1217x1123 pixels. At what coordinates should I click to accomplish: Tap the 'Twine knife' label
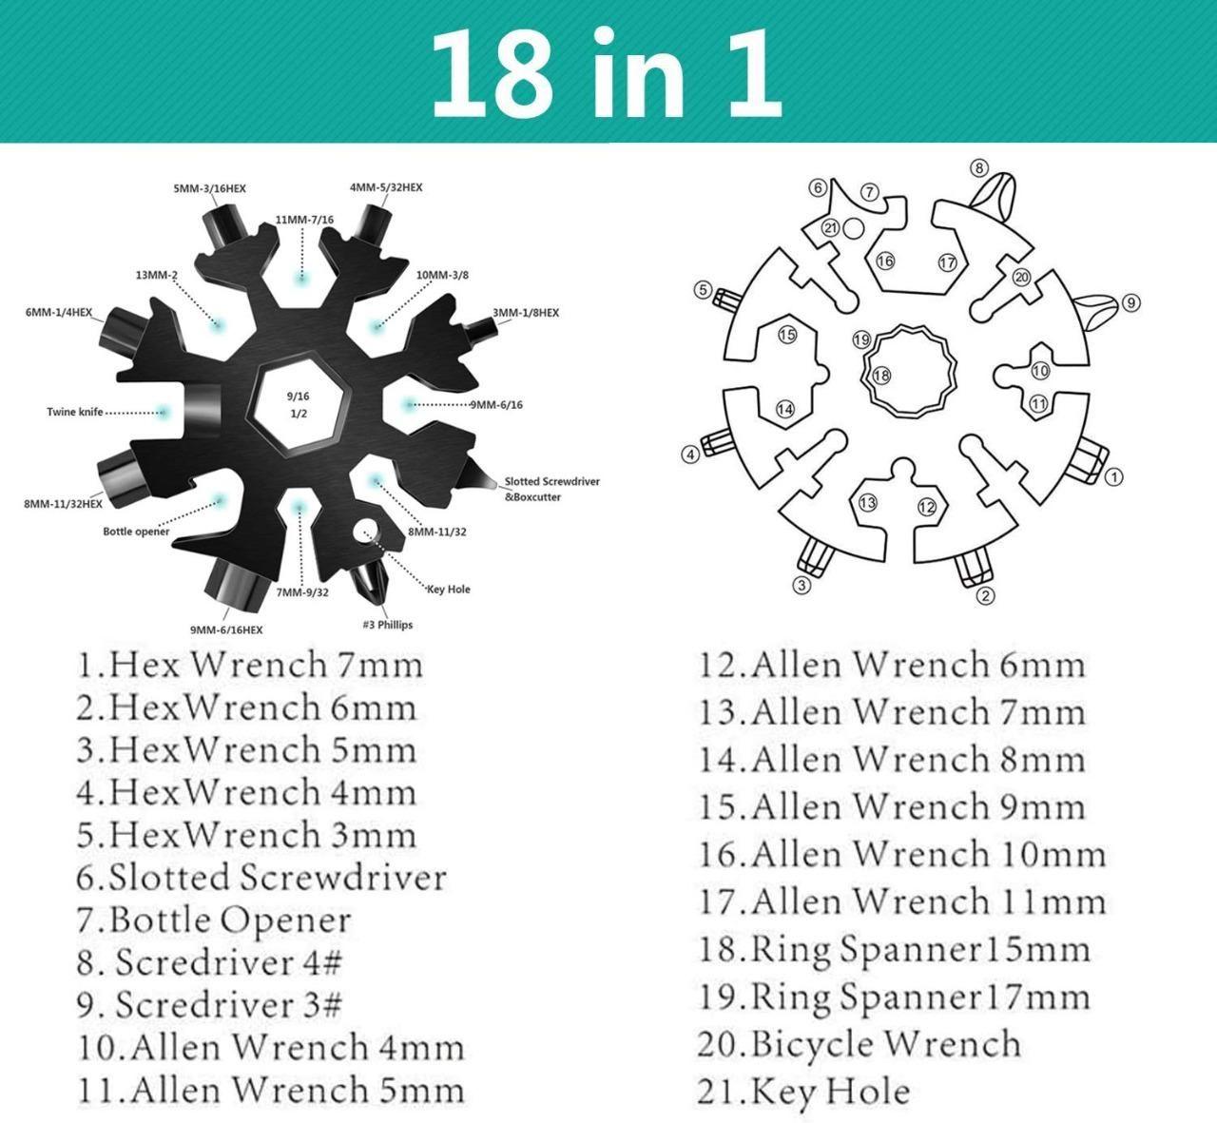pos(75,412)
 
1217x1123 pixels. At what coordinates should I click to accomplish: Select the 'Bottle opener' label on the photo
pos(136,531)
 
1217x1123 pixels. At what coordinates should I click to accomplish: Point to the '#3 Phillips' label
pos(388,625)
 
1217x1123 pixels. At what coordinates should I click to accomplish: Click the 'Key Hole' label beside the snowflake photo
pos(449,590)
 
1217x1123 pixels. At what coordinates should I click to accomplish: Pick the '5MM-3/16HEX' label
pos(209,188)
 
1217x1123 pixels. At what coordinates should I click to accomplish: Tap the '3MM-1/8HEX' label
pos(526,313)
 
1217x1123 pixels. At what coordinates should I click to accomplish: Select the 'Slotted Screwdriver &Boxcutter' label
pos(551,489)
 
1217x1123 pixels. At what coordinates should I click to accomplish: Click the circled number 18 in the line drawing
pos(881,375)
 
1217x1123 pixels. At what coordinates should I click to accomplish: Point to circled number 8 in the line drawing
pos(979,168)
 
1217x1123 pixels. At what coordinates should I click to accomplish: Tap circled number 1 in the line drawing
pos(1114,476)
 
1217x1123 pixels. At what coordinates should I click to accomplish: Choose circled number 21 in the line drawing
pos(830,227)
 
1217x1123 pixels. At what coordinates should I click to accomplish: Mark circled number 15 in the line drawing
pos(786,335)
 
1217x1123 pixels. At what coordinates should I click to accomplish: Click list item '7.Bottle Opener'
pos(214,920)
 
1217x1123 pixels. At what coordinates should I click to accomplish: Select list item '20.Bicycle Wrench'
pos(859,1044)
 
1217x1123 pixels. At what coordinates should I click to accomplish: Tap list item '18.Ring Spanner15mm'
pos(894,949)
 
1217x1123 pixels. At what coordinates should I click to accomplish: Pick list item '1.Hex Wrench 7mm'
pos(250,664)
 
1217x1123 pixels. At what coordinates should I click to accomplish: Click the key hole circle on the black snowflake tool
pos(365,530)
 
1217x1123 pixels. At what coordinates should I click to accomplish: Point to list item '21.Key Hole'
pos(803,1092)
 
